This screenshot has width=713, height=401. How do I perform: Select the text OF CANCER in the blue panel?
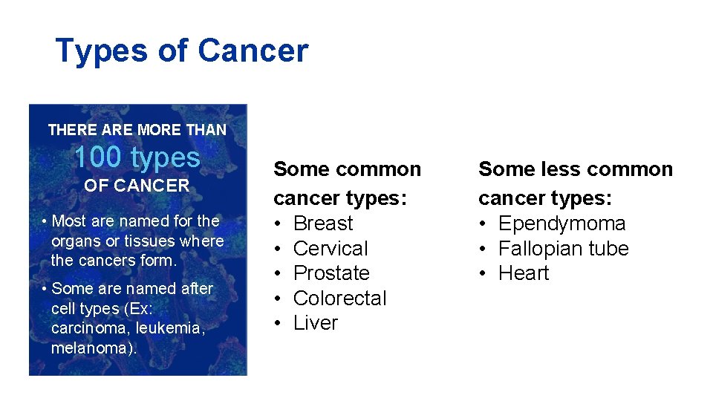(x=137, y=186)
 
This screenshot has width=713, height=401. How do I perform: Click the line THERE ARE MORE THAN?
(x=137, y=130)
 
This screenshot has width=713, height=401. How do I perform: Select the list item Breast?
(x=323, y=224)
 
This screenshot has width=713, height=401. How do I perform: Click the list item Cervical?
(x=331, y=249)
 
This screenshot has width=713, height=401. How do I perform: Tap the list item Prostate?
(x=331, y=273)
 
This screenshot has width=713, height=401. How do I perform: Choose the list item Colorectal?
(x=340, y=299)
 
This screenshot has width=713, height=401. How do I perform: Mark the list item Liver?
(x=316, y=323)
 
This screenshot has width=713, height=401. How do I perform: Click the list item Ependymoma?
(x=561, y=224)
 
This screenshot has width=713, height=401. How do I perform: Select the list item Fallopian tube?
(x=563, y=249)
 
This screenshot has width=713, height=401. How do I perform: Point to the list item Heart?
(x=524, y=273)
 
